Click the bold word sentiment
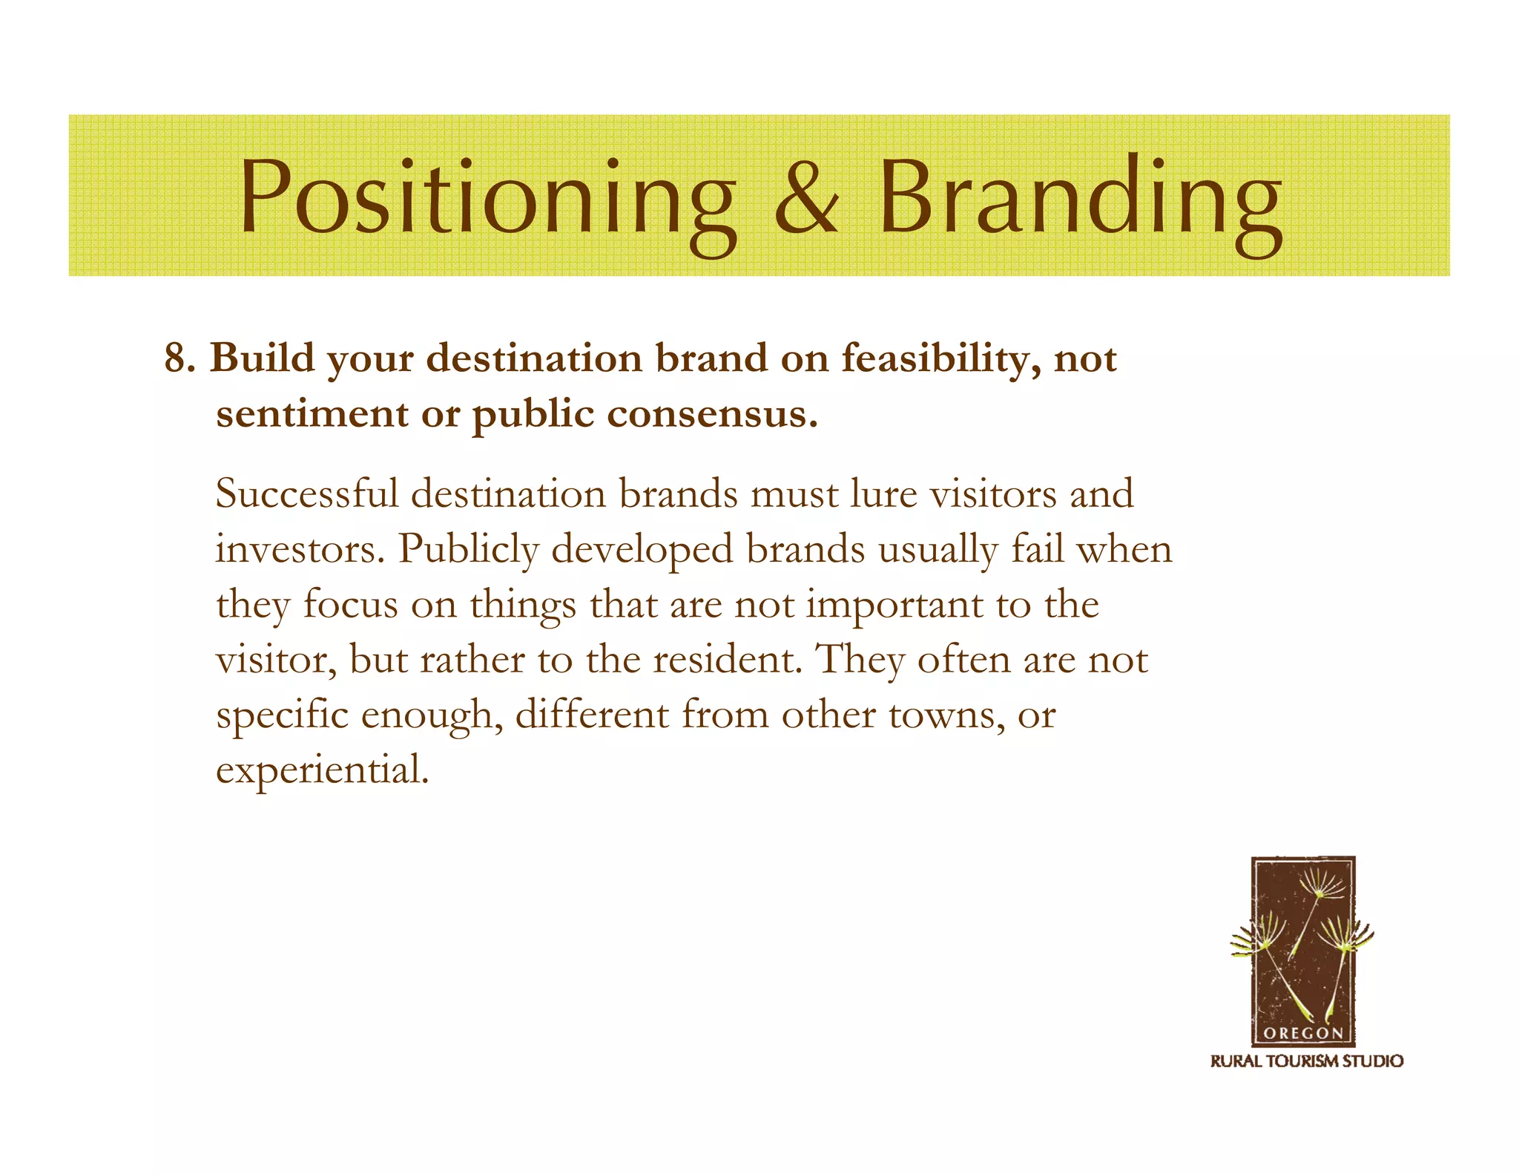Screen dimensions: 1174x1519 (x=312, y=415)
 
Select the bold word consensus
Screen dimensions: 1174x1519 (x=712, y=415)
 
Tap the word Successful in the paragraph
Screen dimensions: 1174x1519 (x=306, y=493)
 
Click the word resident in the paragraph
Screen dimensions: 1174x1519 (x=727, y=660)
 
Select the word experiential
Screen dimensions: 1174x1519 (x=322, y=770)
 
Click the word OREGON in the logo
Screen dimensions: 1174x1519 (x=1302, y=1033)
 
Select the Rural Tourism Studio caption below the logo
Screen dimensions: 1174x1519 (x=1306, y=1061)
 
